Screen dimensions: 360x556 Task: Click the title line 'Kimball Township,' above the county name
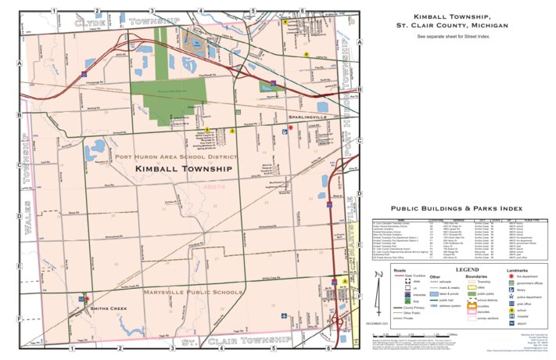pos(451,16)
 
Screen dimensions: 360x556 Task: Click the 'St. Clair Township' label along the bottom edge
pos(236,342)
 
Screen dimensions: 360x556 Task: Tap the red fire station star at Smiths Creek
pos(86,299)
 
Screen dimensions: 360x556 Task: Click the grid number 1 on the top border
pos(53,10)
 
